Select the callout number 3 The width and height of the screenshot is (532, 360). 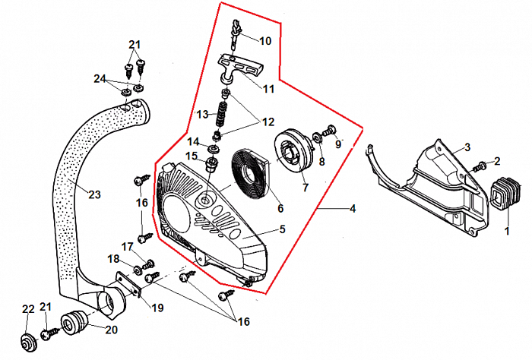point(467,147)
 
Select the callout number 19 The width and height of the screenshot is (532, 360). point(157,308)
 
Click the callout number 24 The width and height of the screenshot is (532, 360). point(100,77)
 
